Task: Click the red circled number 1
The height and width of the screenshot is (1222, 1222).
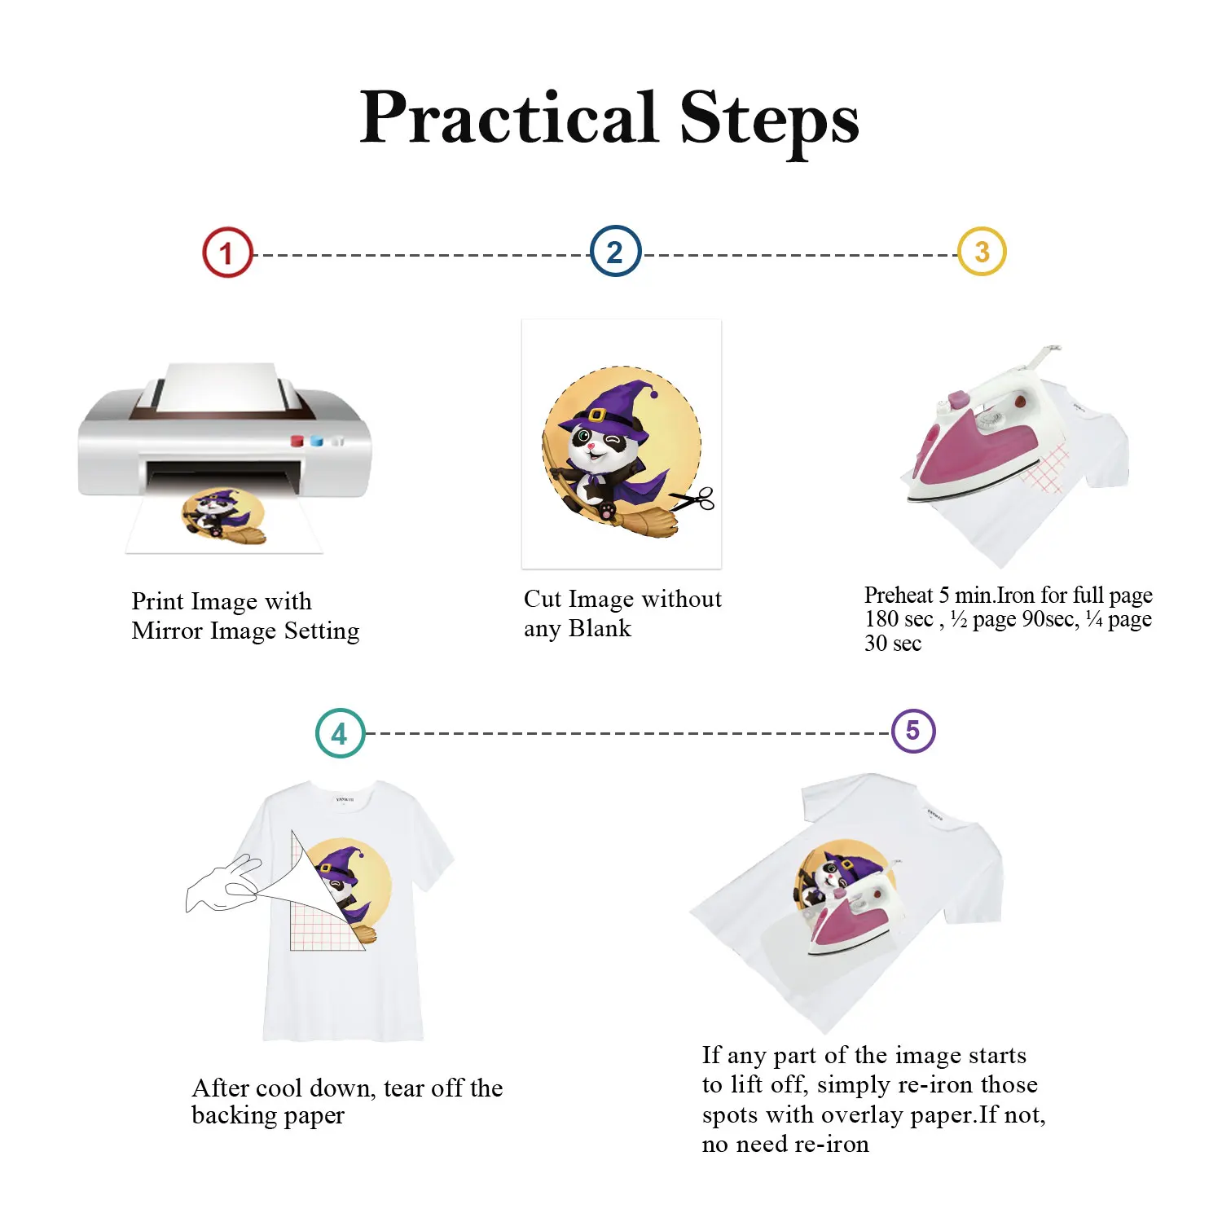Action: tap(227, 253)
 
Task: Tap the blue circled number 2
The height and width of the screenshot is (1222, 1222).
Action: tap(615, 251)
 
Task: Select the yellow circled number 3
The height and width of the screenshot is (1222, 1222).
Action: tap(982, 252)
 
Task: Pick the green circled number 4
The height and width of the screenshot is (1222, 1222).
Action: tap(340, 733)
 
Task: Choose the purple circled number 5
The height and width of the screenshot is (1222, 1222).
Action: tap(913, 731)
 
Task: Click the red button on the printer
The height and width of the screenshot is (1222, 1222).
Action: tap(297, 441)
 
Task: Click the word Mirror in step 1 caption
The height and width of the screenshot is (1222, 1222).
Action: tap(169, 631)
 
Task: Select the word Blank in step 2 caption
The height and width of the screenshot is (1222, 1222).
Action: tap(600, 629)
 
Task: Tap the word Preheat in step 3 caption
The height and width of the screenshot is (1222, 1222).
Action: tap(899, 596)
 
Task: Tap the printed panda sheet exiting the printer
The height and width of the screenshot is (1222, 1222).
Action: tap(224, 521)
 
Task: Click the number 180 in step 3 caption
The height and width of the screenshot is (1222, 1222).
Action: tap(881, 620)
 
